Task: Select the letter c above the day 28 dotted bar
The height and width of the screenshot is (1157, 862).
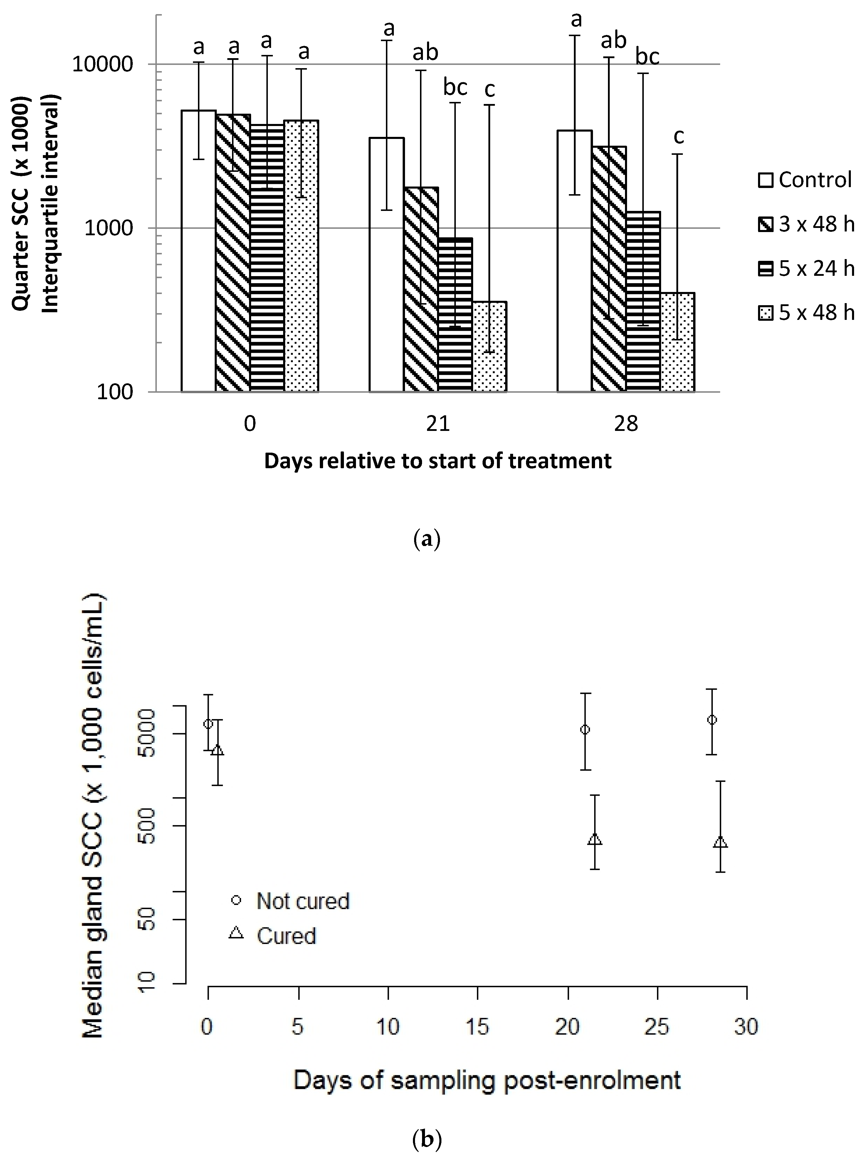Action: pyautogui.click(x=678, y=136)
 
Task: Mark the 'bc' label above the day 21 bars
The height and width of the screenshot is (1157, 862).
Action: pyautogui.click(x=455, y=87)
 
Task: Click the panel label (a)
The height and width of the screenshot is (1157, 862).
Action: pyautogui.click(x=426, y=539)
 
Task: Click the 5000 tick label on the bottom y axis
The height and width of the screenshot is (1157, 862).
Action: pyautogui.click(x=148, y=733)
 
